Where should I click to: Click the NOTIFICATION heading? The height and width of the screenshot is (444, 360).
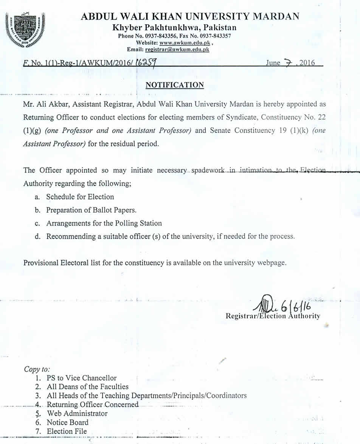[x=175, y=85]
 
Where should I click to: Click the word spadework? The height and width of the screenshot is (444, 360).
[x=209, y=171]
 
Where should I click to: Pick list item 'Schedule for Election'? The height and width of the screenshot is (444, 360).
[x=80, y=197]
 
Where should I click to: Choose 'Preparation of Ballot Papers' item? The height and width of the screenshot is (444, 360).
[x=91, y=210]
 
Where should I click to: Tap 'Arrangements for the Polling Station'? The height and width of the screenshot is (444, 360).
[x=104, y=223]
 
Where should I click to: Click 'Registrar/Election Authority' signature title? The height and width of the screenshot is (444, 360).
[x=273, y=316]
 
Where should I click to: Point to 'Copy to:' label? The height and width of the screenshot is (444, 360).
[x=37, y=369]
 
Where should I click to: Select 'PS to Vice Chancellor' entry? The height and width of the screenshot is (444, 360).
[x=81, y=378]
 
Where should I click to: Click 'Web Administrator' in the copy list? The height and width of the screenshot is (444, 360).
[x=77, y=413]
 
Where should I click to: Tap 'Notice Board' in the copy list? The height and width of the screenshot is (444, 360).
[x=67, y=422]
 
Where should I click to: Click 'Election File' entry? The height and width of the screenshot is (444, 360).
[x=67, y=432]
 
